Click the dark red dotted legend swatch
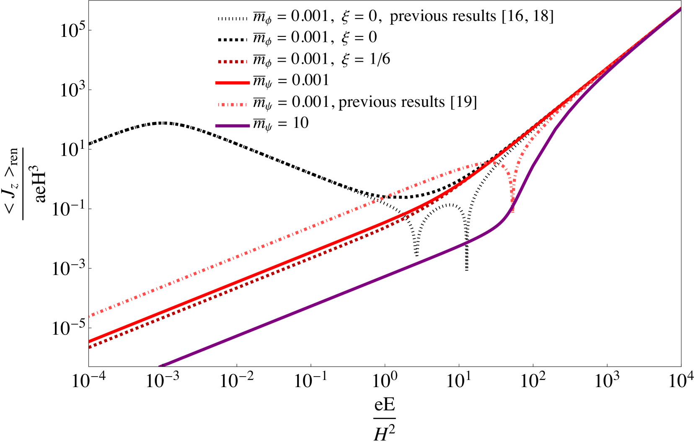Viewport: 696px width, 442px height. coord(233,62)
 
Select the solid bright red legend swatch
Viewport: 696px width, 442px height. coord(233,83)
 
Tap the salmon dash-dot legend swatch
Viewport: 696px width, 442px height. coord(233,104)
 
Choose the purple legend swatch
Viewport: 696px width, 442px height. coord(233,126)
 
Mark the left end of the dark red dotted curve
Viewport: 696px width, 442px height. coord(90,347)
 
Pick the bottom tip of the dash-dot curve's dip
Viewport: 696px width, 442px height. coord(512,210)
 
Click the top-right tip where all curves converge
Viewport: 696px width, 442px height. coord(679,9)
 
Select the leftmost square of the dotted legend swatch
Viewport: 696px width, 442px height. coord(220,62)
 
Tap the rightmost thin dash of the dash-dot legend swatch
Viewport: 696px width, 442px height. coord(246,104)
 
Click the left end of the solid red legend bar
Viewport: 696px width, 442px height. coord(216,83)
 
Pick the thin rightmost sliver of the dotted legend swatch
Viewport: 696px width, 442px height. coord(246,62)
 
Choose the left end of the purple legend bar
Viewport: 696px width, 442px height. coord(216,126)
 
